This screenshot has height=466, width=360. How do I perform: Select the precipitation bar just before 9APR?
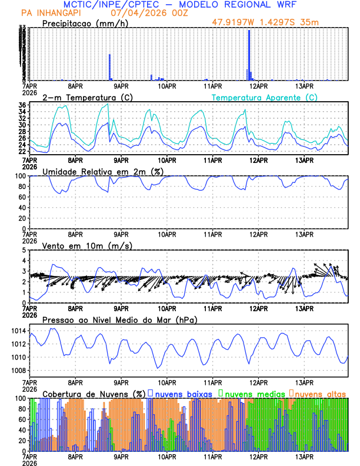point(109,67)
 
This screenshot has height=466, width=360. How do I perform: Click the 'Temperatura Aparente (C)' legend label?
point(264,97)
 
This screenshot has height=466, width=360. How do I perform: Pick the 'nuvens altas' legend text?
point(320,393)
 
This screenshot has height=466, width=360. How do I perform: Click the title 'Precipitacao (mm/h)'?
point(83,24)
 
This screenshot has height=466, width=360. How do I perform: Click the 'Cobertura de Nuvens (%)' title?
point(94,393)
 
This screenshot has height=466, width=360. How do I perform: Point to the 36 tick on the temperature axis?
point(21,105)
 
